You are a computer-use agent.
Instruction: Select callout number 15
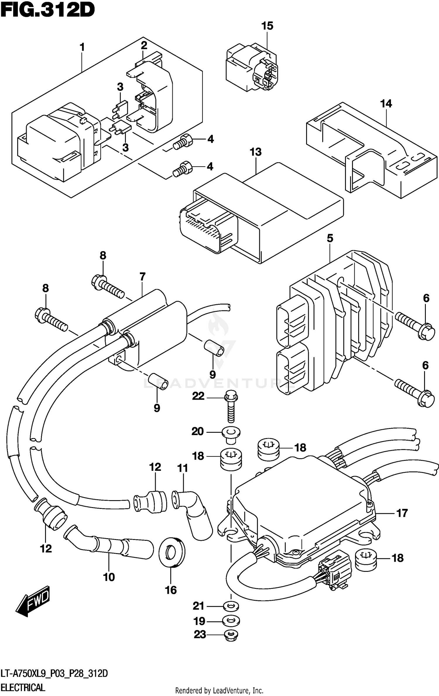[267, 26]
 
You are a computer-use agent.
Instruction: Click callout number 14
[386, 104]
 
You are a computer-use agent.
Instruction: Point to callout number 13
[255, 152]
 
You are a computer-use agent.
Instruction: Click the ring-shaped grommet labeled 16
[172, 552]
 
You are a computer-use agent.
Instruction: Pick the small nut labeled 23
[231, 635]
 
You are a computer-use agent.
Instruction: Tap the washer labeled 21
[231, 606]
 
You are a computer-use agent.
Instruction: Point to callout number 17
[402, 513]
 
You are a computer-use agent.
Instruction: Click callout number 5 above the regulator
[330, 238]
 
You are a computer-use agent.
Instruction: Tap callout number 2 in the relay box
[144, 46]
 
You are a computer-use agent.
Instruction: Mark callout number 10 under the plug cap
[109, 577]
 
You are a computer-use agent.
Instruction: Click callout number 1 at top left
[82, 47]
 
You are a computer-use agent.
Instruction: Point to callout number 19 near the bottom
[199, 621]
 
